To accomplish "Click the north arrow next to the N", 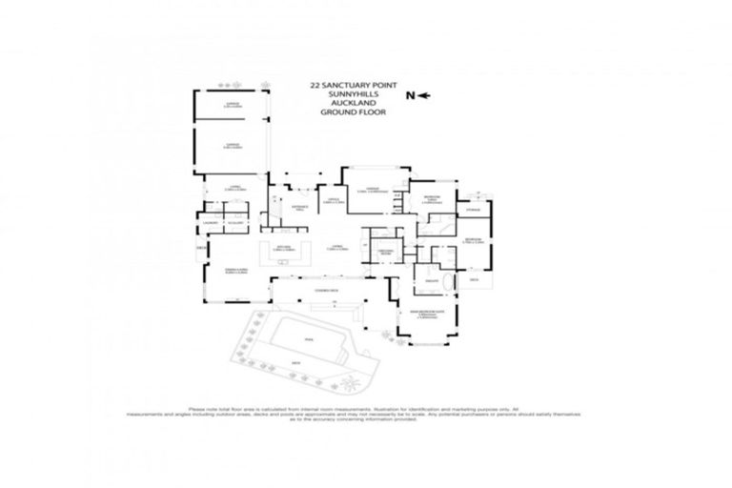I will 424,95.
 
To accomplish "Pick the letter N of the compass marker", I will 410,95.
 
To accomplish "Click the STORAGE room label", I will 474,209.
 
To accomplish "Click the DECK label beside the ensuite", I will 473,281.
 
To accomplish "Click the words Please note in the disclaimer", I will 202,405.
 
